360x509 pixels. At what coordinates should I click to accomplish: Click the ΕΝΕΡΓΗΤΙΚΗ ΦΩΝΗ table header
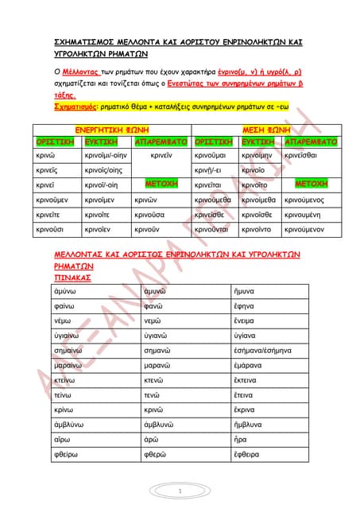coord(112,128)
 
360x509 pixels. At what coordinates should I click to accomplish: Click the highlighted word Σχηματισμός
coord(62,104)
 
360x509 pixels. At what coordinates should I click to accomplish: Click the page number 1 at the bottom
coord(180,491)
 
